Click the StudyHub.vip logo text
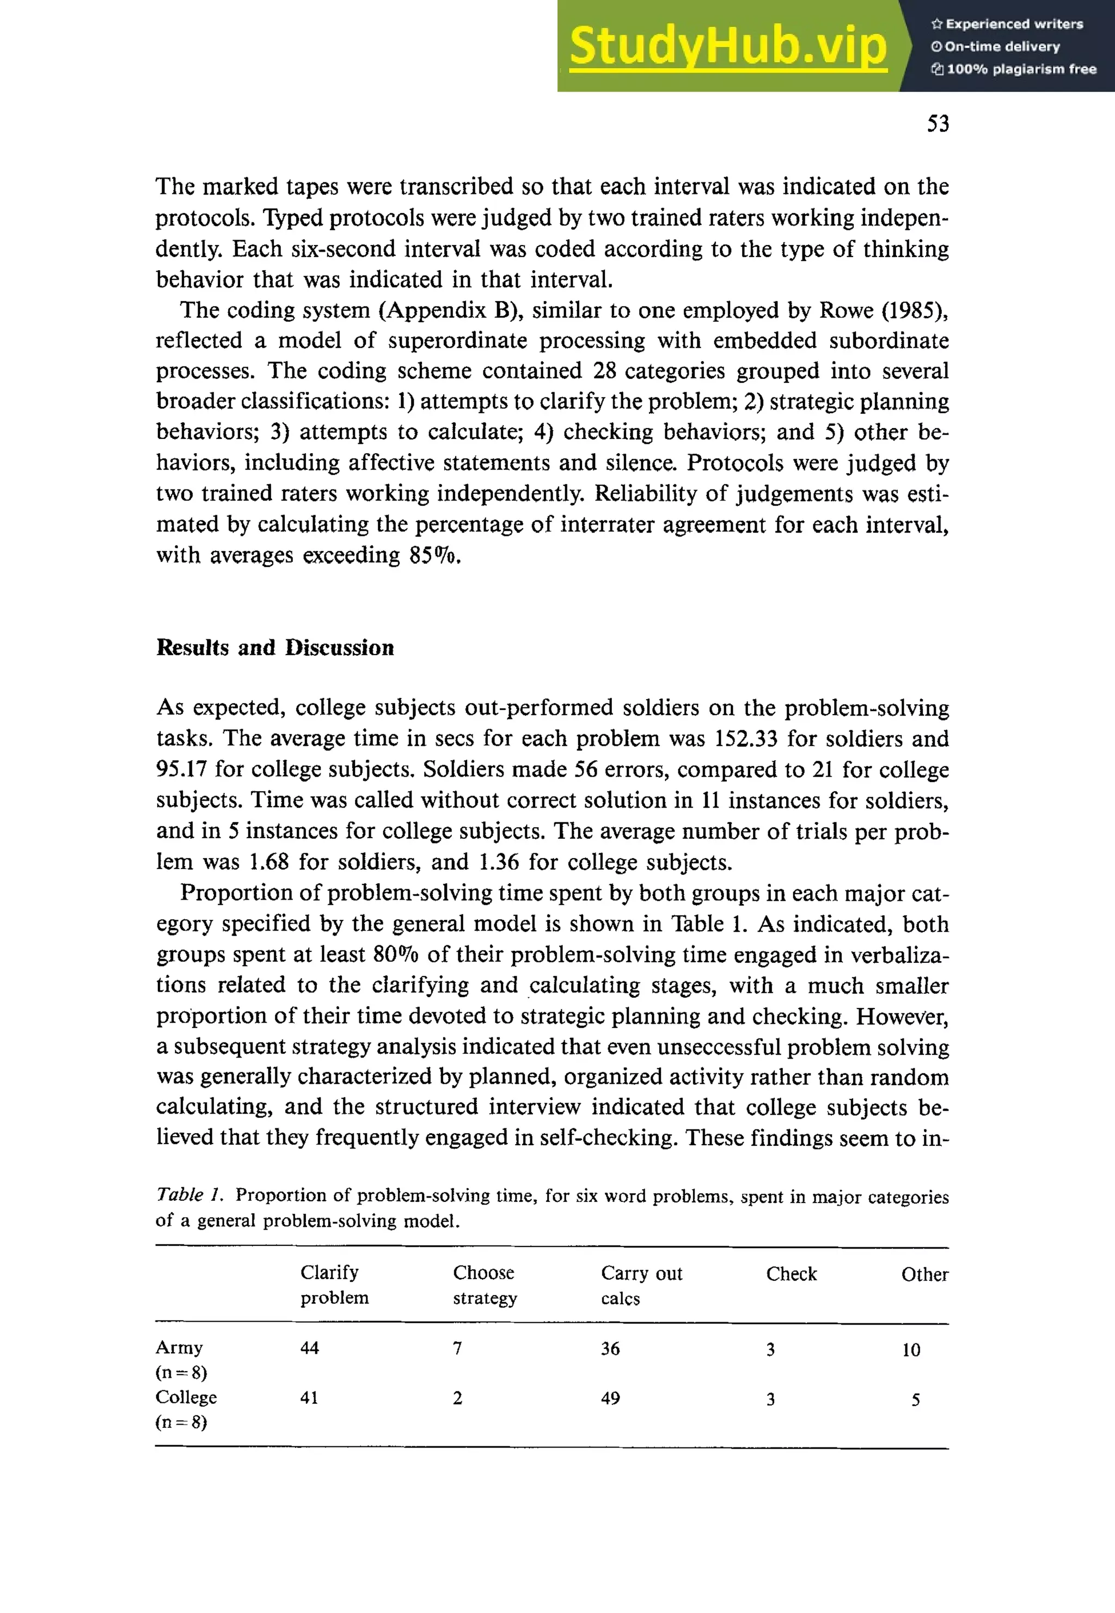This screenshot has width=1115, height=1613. click(x=727, y=46)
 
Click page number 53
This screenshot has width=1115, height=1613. click(x=938, y=124)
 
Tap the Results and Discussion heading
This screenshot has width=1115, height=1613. click(x=274, y=647)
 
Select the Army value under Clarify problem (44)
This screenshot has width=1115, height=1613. click(x=309, y=1348)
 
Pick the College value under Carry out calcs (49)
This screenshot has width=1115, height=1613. click(x=610, y=1398)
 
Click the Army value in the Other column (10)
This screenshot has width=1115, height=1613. click(x=910, y=1349)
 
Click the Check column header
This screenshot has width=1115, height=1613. click(x=791, y=1274)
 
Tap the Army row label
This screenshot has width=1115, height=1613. click(x=180, y=1348)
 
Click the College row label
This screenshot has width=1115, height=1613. click(x=186, y=1397)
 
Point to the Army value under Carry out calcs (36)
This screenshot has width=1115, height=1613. click(x=610, y=1348)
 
